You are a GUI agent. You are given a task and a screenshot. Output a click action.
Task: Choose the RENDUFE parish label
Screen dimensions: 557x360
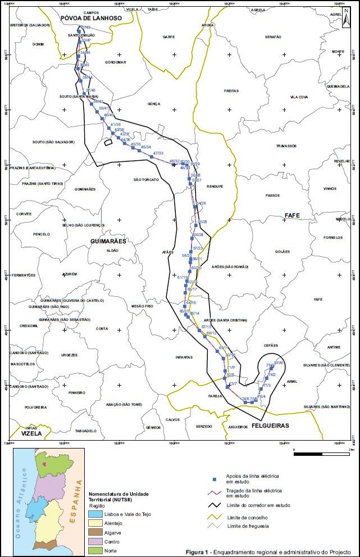click(215, 186)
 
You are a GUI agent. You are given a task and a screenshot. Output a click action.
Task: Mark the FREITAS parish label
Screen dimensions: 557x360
click(231, 90)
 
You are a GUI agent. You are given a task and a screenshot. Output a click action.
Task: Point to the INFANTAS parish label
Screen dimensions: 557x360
click(184, 357)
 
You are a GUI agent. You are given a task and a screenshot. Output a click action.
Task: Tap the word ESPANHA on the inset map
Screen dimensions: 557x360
click(74, 503)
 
